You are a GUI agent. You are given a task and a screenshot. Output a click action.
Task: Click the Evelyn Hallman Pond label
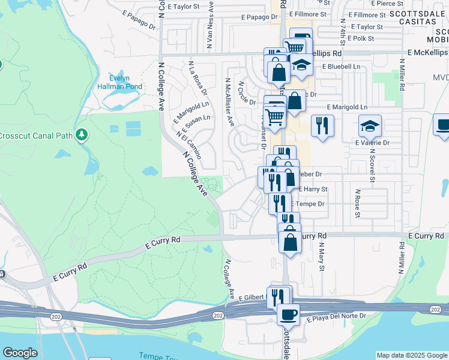[x=125, y=82]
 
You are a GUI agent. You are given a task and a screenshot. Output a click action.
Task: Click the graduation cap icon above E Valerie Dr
[x=370, y=125]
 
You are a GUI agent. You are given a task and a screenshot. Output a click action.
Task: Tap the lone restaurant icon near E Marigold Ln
[x=322, y=125]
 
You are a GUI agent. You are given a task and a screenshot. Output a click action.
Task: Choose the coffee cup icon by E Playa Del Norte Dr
[x=288, y=314]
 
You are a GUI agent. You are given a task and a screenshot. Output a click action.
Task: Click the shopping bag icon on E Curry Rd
[x=291, y=242]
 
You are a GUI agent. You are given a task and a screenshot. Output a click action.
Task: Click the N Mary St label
[x=321, y=254]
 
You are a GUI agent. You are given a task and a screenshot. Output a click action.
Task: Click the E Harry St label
[x=313, y=189]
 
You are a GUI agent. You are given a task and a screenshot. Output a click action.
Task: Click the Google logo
[x=20, y=353]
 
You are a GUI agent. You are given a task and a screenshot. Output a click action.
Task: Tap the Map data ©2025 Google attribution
[x=411, y=355]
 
